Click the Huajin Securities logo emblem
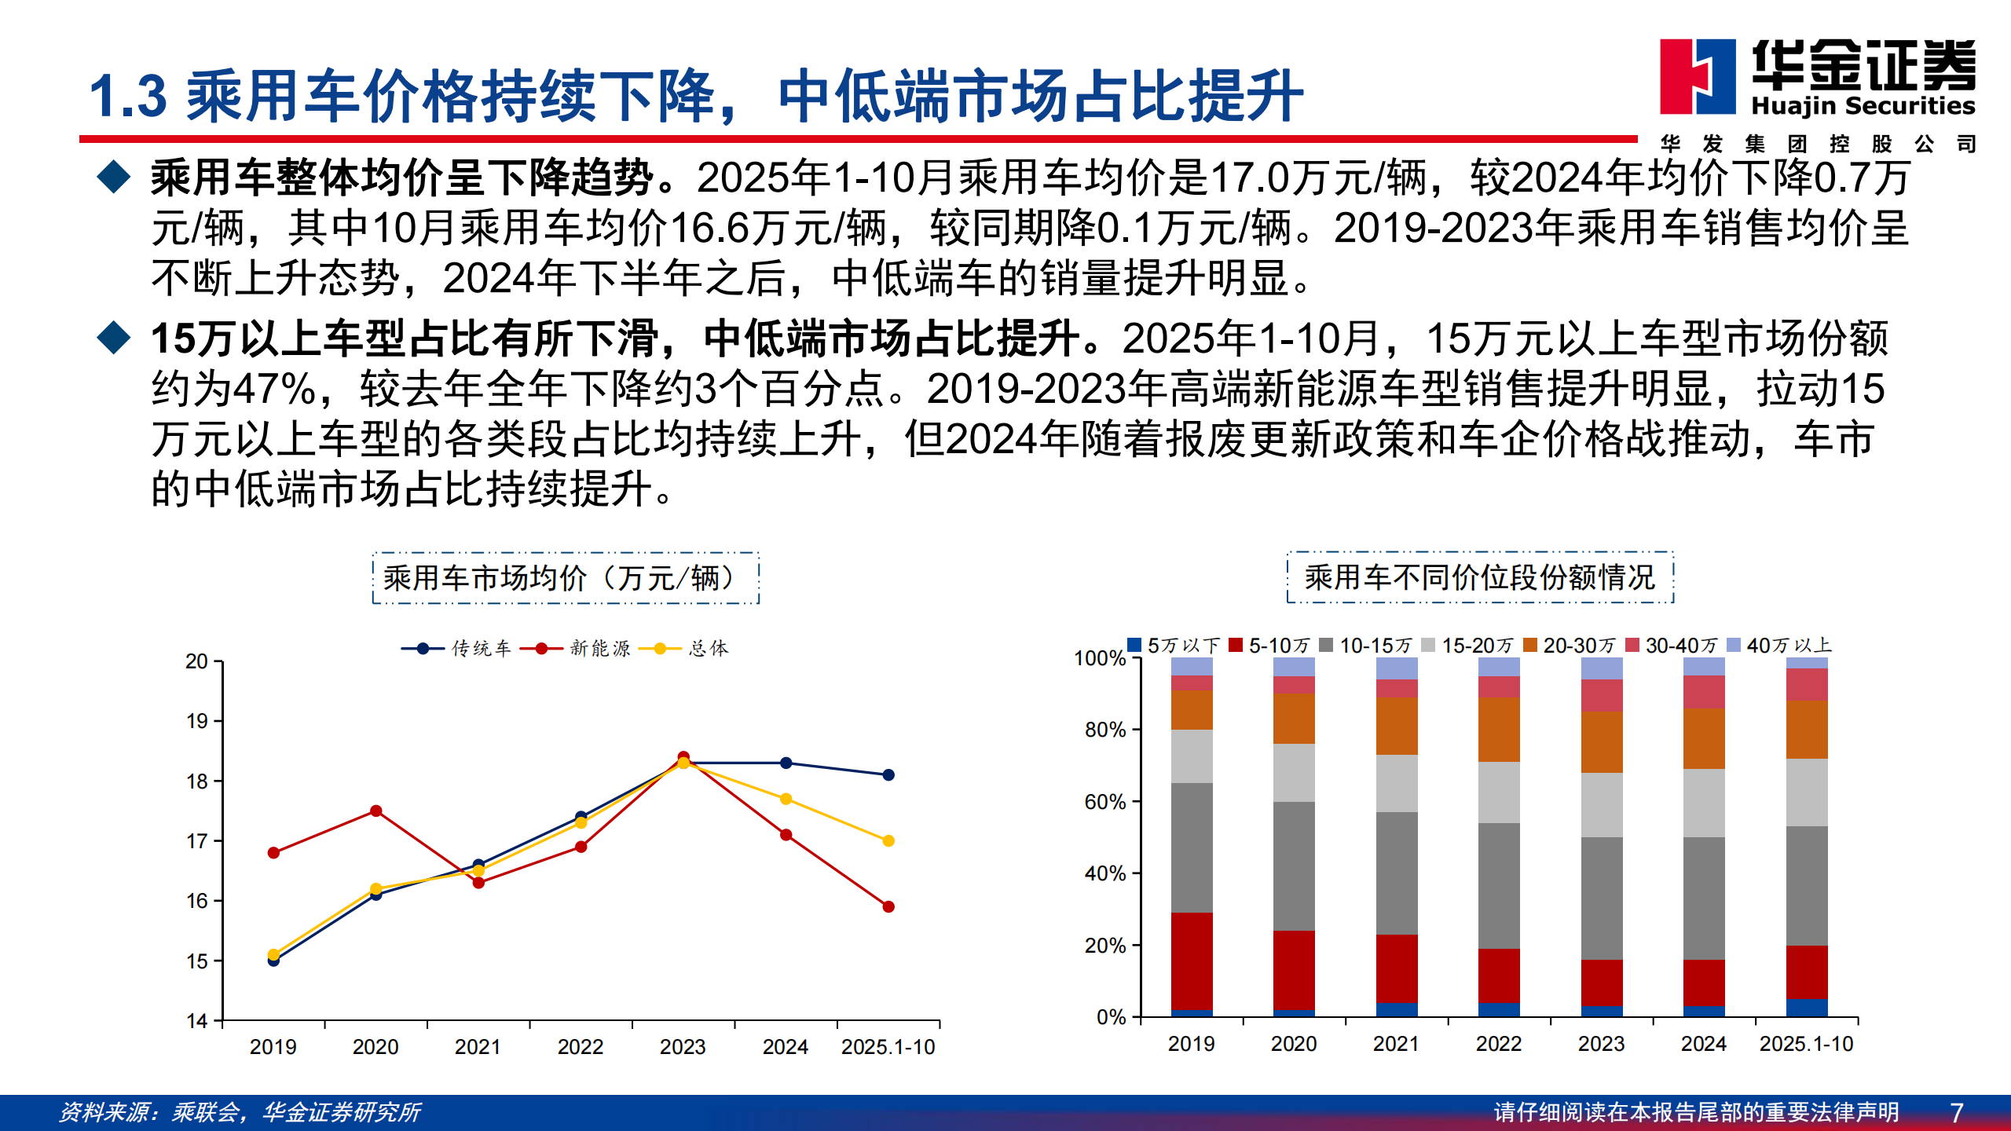(1697, 77)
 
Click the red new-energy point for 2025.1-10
(888, 906)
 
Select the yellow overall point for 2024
(786, 799)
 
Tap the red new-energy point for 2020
(375, 811)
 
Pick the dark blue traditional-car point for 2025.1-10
(888, 774)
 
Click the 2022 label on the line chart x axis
(581, 1047)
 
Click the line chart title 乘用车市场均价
(566, 578)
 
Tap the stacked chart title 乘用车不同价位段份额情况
(1480, 577)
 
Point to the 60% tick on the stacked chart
(1105, 802)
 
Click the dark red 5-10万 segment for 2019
(1192, 961)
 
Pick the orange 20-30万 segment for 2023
(1601, 742)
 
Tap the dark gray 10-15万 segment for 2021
(1397, 873)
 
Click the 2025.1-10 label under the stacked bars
(1806, 1044)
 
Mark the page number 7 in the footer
(1956, 1112)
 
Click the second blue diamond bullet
(114, 338)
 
